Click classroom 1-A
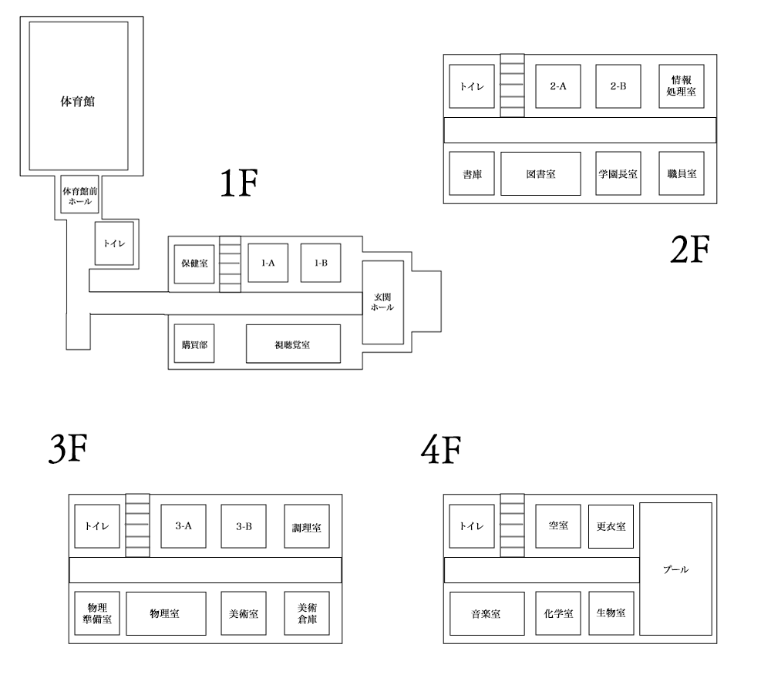coord(268,263)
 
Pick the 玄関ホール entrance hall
coord(382,302)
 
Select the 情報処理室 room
coord(681,86)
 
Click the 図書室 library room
coord(540,174)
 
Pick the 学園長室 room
coord(618,174)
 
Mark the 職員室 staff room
coord(681,174)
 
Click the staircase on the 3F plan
coord(137,525)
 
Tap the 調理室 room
coord(306,528)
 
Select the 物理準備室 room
coord(97,613)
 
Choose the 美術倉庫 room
coord(306,613)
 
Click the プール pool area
coord(675,569)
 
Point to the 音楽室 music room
coord(487,614)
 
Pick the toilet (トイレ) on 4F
coord(471,526)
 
